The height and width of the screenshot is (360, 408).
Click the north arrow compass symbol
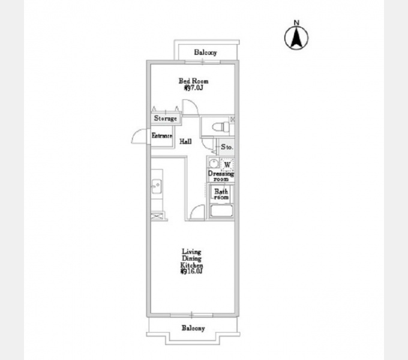pos(296,38)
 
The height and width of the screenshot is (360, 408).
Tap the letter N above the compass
pos(296,23)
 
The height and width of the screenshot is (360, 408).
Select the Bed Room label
pos(193,81)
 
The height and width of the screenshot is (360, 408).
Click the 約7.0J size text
pos(193,88)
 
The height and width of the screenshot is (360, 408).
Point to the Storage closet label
pos(166,118)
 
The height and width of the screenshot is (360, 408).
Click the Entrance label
pos(162,136)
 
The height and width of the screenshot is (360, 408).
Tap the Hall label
pos(186,142)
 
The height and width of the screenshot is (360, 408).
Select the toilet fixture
pos(221,127)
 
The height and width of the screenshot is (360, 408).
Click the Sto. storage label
pos(227,147)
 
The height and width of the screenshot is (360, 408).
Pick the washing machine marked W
pos(227,165)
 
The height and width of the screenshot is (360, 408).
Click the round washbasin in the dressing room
pos(214,164)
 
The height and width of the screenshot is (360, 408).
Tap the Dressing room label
pos(221,176)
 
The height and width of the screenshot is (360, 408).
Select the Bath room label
pos(221,194)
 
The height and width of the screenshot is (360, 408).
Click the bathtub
pos(221,211)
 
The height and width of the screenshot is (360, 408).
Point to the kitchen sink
pos(157,186)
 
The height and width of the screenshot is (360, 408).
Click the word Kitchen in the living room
pos(192,266)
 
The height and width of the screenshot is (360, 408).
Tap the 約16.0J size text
pos(191,271)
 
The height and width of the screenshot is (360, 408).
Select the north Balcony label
pos(205,52)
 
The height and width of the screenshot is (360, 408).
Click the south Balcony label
pos(193,328)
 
